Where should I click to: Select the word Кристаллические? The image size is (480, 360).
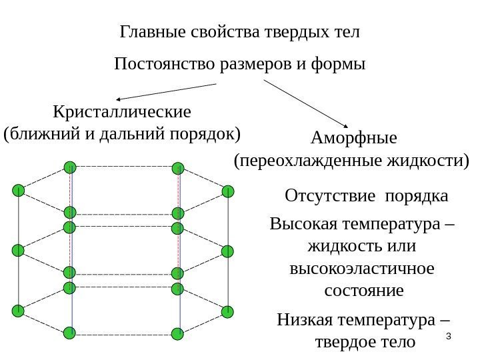[x=121, y=110]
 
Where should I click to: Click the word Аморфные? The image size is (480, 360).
[x=353, y=138]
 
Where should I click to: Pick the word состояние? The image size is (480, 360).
[x=363, y=291]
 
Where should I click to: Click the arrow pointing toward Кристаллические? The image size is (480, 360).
[x=167, y=91]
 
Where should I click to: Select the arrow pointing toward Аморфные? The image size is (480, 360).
[x=307, y=103]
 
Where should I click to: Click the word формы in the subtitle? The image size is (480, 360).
[x=343, y=65]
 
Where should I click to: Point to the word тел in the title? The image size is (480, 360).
[x=347, y=32]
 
